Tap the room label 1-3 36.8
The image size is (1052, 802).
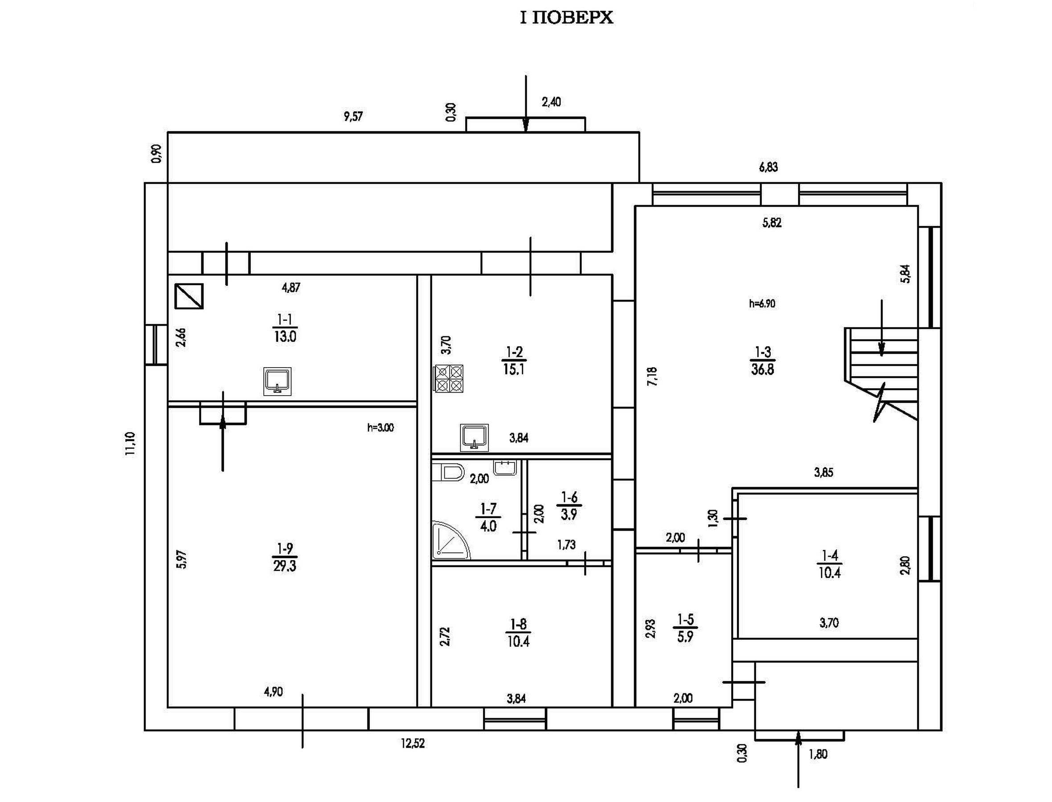(762, 361)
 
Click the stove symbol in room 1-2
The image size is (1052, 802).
(449, 379)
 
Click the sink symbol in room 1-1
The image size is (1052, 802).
(277, 381)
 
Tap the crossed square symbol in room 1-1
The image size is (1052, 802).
(189, 296)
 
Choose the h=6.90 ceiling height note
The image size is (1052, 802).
(762, 303)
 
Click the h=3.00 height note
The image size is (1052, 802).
(381, 428)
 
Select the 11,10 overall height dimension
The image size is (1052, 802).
(130, 444)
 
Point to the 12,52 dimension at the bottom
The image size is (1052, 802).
(413, 743)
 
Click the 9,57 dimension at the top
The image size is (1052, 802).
(353, 116)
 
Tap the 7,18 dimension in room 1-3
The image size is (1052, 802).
(652, 376)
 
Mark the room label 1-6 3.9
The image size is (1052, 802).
(569, 506)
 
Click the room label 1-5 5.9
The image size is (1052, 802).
(685, 628)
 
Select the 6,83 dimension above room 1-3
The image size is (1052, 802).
(769, 167)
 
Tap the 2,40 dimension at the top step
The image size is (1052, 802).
(551, 102)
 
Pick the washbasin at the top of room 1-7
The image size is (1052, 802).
(505, 467)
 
